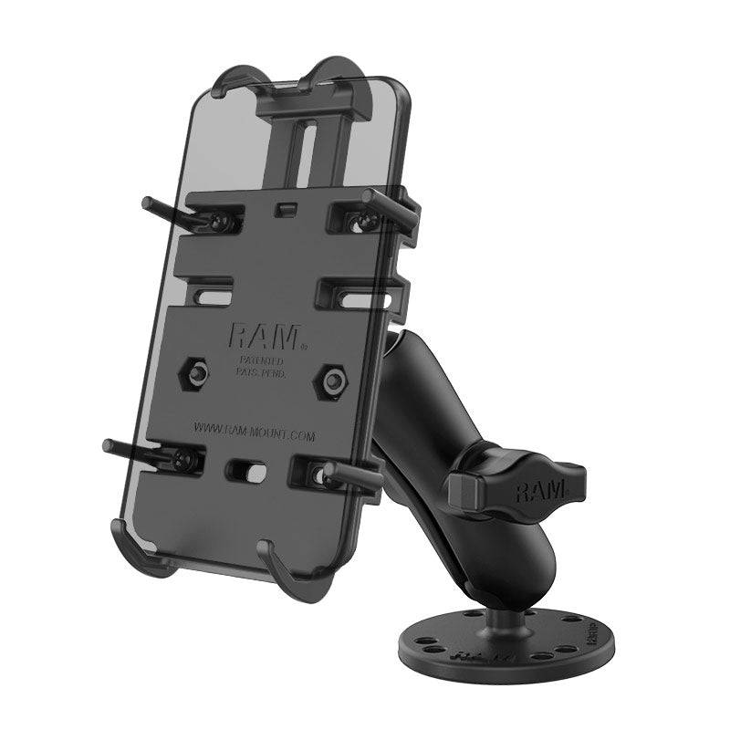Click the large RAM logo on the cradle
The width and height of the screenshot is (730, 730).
tap(265, 337)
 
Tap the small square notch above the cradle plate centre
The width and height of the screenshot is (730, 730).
tap(288, 207)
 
